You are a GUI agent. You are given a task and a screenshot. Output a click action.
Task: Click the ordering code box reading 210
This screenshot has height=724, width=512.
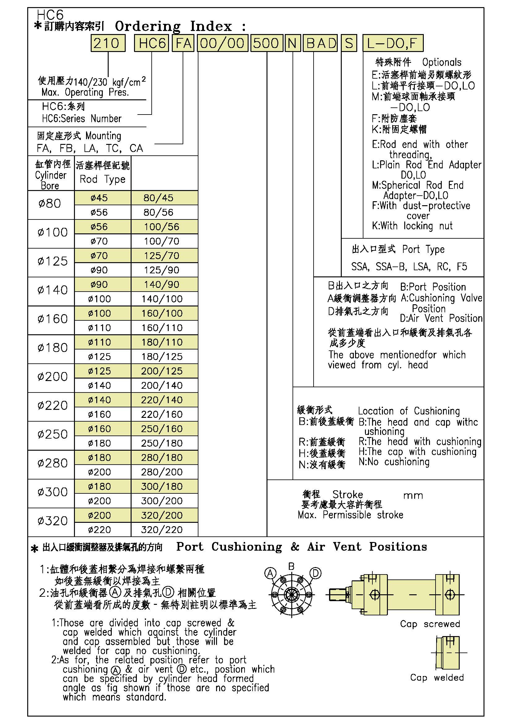pyautogui.click(x=108, y=43)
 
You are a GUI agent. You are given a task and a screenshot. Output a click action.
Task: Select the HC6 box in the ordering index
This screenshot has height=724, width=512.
pyautogui.click(x=152, y=43)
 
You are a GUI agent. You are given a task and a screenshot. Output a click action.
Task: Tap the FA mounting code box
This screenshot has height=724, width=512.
pyautogui.click(x=183, y=43)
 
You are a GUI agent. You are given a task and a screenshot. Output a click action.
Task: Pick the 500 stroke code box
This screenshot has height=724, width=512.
pyautogui.click(x=266, y=43)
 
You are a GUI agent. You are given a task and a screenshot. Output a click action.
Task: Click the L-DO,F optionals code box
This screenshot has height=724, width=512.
pyautogui.click(x=393, y=43)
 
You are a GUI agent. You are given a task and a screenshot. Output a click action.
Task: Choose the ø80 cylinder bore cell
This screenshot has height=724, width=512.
pyautogui.click(x=50, y=204)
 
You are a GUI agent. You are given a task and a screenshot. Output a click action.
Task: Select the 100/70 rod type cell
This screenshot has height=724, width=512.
pyautogui.click(x=161, y=241)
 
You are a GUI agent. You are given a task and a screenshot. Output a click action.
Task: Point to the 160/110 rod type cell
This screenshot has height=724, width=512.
pyautogui.click(x=161, y=328)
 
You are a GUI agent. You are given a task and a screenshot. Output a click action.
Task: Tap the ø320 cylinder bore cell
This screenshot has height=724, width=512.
pyautogui.click(x=52, y=521)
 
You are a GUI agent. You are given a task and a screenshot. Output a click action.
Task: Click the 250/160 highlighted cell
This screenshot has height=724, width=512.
pyautogui.click(x=161, y=429)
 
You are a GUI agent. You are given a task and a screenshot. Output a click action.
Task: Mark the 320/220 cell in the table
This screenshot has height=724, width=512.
pyautogui.click(x=161, y=530)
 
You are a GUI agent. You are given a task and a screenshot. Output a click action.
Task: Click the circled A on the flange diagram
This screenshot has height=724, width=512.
pyautogui.click(x=270, y=573)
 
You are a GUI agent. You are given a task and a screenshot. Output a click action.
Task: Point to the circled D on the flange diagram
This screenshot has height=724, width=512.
pyautogui.click(x=315, y=573)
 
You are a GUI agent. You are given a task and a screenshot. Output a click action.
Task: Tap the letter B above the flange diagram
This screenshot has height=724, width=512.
pyautogui.click(x=292, y=566)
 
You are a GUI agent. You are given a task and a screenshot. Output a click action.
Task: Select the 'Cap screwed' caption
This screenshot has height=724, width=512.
pyautogui.click(x=430, y=624)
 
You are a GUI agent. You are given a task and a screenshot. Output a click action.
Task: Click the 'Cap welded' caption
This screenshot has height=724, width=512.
pyautogui.click(x=437, y=678)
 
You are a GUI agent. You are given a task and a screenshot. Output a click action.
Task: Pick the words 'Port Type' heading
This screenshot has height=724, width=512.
pyautogui.click(x=423, y=249)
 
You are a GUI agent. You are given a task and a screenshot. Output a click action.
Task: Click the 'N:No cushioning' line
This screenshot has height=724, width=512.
pyautogui.click(x=394, y=462)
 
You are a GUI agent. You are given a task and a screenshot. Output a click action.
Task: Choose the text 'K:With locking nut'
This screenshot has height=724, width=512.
pyautogui.click(x=412, y=226)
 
